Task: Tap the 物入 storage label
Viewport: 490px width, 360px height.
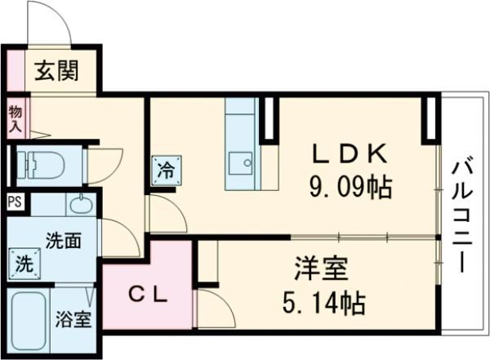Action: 15,118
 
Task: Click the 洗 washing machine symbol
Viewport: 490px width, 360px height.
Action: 24,264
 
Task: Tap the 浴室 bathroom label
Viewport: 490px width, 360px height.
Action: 73,319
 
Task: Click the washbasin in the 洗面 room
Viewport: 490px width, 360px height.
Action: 82,204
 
